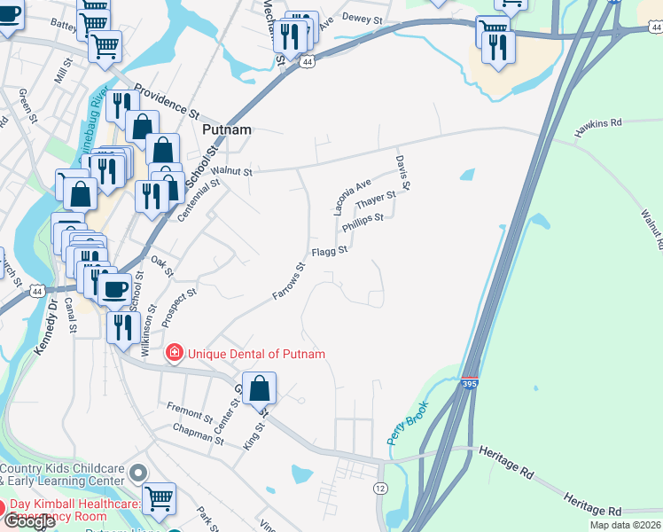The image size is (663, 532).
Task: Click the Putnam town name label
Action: pos(227,129)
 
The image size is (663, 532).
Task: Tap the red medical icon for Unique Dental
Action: pos(174,354)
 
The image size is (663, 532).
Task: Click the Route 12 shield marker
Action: pos(380,489)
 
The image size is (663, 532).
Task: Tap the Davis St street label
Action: pos(402,173)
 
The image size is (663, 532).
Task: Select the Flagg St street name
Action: pos(329,253)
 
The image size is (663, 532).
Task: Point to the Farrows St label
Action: pos(289,279)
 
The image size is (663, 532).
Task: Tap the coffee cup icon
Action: pos(114,288)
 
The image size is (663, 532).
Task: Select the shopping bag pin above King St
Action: pos(259,388)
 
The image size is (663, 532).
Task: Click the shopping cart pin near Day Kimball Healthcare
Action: pos(159,499)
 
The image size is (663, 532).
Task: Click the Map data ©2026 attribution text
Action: pos(625,525)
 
